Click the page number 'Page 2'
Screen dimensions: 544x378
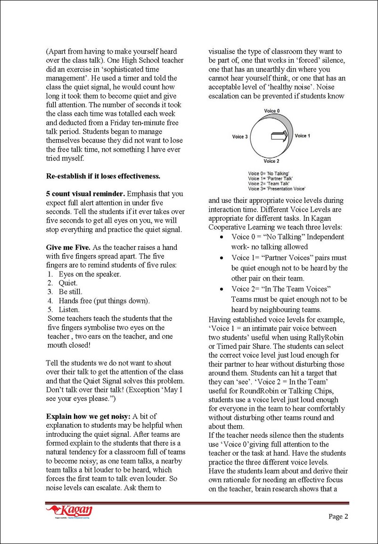[x=338, y=517]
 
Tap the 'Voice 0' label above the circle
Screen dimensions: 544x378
[x=271, y=111]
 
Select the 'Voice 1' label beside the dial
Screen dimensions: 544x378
[x=302, y=136]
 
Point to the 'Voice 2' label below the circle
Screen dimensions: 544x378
[x=271, y=161]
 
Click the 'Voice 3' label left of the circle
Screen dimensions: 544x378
[x=240, y=137]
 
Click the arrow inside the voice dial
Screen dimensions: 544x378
[x=279, y=137]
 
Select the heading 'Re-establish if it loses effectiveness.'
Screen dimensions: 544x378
[x=103, y=176]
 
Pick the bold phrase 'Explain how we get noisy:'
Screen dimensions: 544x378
[x=88, y=416]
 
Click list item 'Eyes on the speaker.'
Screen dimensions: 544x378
[x=90, y=274]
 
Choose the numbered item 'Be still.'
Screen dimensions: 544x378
[x=70, y=292]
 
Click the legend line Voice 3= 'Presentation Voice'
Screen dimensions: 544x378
[x=277, y=189]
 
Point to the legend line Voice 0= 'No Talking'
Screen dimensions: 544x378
[x=269, y=173]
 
